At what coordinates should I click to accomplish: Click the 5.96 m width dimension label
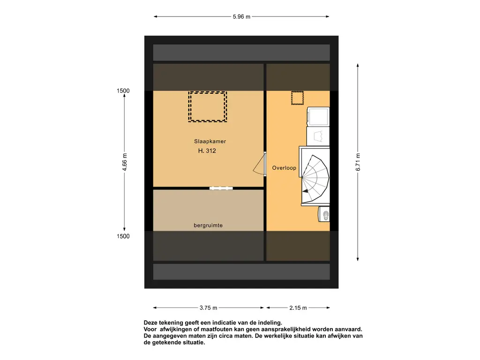point(241,17)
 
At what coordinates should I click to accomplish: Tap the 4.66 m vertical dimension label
point(125,163)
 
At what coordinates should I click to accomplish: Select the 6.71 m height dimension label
point(358,163)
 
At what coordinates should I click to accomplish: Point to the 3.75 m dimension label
point(208,308)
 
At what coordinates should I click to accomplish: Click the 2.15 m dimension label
point(298,308)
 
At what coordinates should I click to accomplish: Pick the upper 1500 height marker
point(123,91)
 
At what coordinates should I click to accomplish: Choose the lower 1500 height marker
point(123,236)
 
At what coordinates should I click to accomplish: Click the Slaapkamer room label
point(207,141)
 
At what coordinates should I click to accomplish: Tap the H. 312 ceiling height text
point(207,151)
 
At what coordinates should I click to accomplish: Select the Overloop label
point(284,168)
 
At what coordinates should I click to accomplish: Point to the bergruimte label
point(208,225)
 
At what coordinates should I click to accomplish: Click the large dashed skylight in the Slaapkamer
point(208,107)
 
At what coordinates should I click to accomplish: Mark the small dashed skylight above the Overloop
point(297,98)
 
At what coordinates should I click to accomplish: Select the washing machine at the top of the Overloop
point(318,117)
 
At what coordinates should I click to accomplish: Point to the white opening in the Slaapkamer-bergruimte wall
point(221,188)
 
